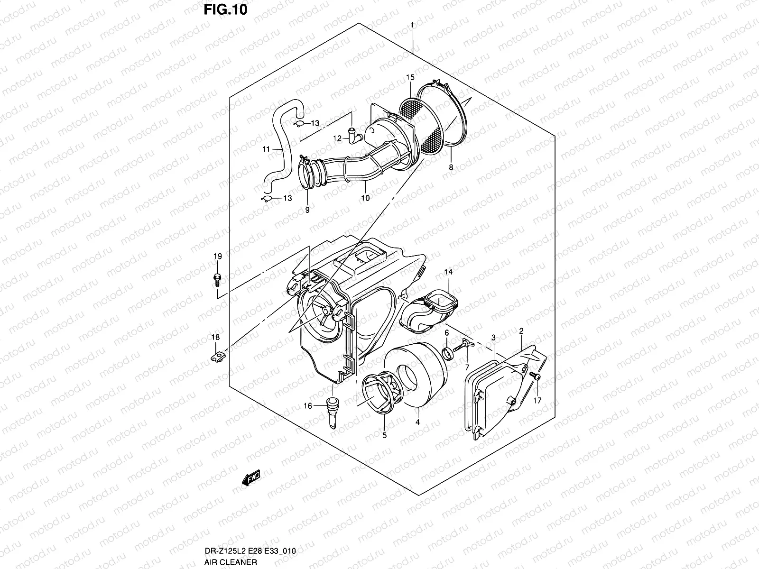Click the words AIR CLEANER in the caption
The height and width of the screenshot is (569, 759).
tap(231, 562)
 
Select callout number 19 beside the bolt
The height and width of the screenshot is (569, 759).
tap(217, 257)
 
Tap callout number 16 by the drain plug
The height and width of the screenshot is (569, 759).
tap(308, 406)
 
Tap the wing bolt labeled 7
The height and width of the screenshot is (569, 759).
tap(465, 345)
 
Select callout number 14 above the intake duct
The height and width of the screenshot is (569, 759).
tap(448, 272)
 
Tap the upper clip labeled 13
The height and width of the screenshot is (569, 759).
tap(297, 124)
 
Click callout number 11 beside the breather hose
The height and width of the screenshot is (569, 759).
tap(266, 149)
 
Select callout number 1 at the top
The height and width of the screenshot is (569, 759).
tap(413, 24)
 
